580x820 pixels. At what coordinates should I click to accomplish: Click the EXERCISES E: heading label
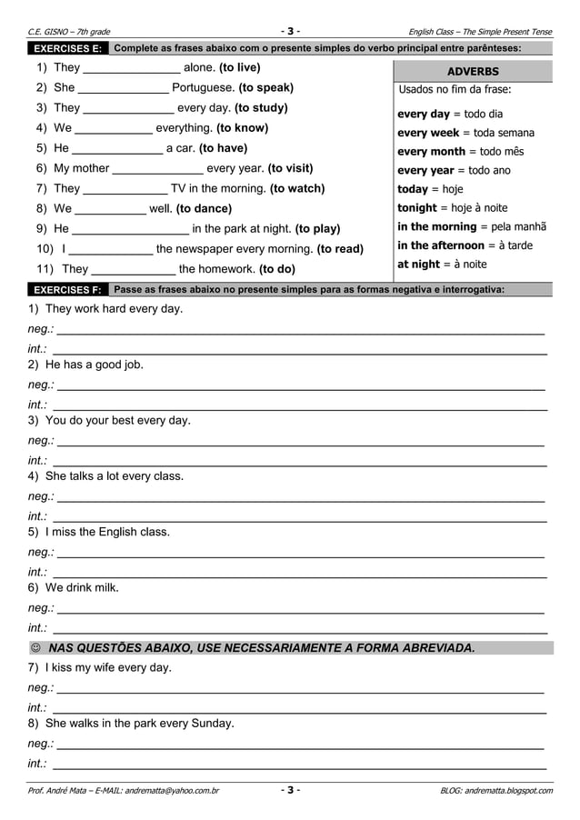(67, 48)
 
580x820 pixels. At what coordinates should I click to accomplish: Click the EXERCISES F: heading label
(67, 290)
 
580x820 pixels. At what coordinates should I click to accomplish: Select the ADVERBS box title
(473, 71)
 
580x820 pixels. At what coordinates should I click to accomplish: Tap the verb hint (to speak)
(265, 88)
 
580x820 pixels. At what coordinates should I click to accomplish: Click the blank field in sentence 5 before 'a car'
(117, 148)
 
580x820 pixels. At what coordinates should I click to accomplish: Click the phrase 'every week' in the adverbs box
(429, 133)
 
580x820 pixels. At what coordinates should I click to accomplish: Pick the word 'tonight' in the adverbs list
(417, 207)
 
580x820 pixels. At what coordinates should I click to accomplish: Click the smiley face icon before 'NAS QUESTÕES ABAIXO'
(35, 648)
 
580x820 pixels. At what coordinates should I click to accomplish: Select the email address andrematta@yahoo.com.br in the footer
(171, 791)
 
